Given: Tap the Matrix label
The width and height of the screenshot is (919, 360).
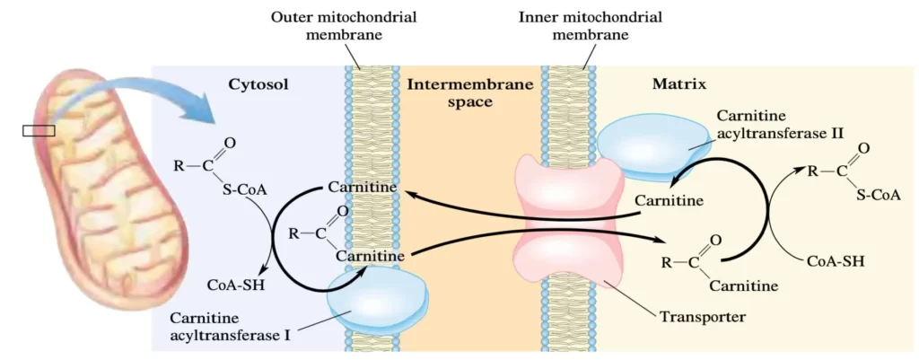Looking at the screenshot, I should pyautogui.click(x=678, y=85).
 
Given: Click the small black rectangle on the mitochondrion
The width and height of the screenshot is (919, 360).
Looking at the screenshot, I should pyautogui.click(x=39, y=131).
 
